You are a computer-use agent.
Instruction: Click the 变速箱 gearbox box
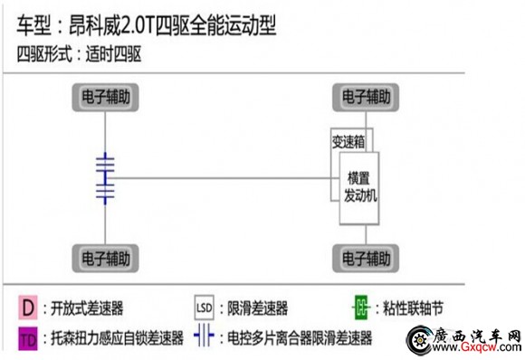[348, 141]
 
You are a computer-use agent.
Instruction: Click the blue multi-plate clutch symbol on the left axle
[106, 176]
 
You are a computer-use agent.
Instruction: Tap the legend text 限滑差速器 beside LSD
[259, 308]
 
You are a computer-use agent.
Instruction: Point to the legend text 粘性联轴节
[417, 308]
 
